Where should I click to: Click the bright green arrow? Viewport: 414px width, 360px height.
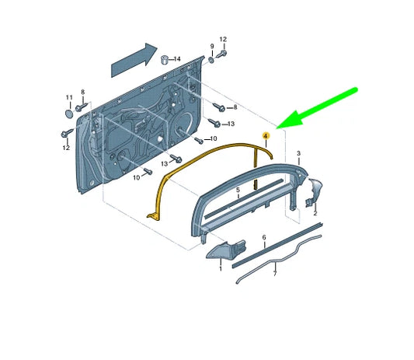(317, 108)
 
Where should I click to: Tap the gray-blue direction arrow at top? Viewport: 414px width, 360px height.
(134, 60)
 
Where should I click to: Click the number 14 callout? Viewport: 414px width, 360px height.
(177, 58)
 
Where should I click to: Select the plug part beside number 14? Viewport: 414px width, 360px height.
(165, 60)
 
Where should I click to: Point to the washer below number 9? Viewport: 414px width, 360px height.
(212, 60)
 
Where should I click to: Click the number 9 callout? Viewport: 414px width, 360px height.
(212, 46)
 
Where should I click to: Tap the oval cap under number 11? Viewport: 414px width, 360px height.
(69, 114)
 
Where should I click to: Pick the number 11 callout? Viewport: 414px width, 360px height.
(69, 97)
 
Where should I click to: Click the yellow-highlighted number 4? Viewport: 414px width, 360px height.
(266, 136)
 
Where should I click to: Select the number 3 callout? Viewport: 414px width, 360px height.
(298, 153)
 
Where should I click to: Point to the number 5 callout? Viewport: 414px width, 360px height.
(238, 190)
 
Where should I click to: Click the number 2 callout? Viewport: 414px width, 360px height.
(315, 213)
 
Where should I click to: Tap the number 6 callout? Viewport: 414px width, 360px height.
(264, 238)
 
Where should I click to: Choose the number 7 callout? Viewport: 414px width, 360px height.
(275, 273)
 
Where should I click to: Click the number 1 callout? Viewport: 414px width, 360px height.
(221, 269)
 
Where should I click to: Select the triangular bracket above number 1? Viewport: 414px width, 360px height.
(226, 250)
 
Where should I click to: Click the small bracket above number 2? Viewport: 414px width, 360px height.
(315, 192)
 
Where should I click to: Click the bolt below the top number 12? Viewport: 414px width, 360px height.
(222, 54)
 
